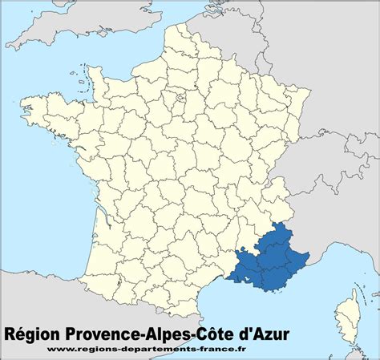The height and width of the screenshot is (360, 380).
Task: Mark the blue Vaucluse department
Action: click(246, 253)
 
